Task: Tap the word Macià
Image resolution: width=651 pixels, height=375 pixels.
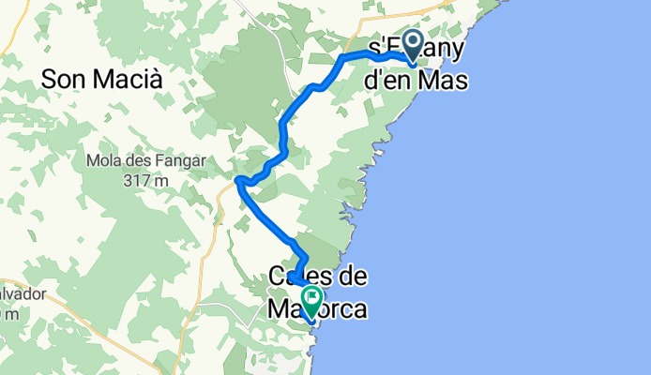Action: [128, 81]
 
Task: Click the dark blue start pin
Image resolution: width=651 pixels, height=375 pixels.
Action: [413, 49]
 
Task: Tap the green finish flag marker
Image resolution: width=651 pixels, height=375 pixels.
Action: [310, 299]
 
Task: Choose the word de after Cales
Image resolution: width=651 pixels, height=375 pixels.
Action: [353, 277]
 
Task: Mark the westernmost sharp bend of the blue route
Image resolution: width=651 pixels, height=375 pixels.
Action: [238, 179]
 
